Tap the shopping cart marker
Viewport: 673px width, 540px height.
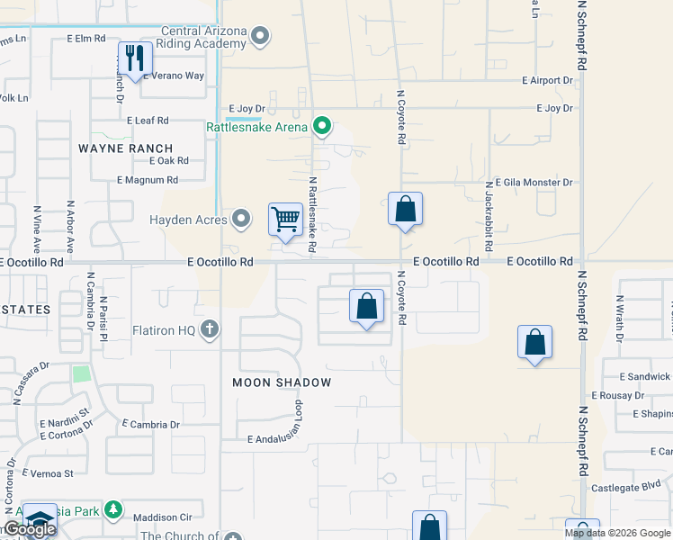tap(286, 219)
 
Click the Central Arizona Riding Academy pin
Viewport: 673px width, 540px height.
tap(261, 37)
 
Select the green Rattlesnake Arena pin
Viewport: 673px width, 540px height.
tap(321, 126)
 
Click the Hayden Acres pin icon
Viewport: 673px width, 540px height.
tap(241, 218)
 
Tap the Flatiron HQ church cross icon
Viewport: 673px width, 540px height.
tap(210, 330)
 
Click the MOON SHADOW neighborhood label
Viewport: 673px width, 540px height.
tap(282, 382)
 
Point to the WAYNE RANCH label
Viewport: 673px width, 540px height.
tap(125, 148)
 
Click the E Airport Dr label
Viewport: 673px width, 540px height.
tap(548, 80)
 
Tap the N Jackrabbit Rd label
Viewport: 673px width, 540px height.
tap(488, 202)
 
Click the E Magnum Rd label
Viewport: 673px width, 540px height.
tap(148, 180)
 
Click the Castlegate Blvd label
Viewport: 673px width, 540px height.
tap(626, 489)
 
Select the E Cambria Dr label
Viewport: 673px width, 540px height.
tap(149, 425)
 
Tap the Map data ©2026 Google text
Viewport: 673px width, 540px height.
tap(617, 533)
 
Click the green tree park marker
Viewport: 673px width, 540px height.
tap(112, 511)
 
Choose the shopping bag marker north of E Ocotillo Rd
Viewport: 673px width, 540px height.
tap(405, 210)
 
